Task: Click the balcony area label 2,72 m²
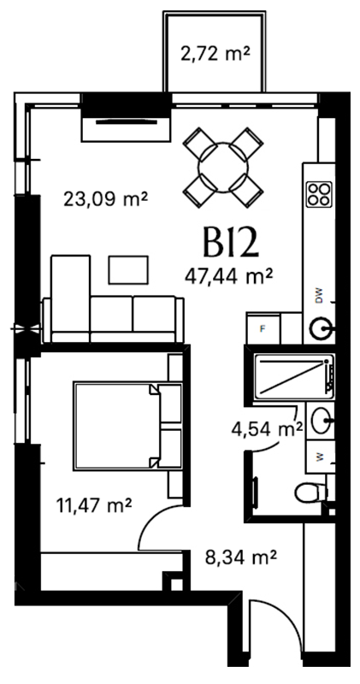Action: [x=215, y=55]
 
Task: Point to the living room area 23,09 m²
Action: [x=105, y=199]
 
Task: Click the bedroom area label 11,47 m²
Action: [x=94, y=506]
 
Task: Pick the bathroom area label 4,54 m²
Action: [x=267, y=428]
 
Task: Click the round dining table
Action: [x=223, y=168]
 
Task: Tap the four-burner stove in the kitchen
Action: [x=320, y=194]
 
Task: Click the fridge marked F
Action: [x=263, y=328]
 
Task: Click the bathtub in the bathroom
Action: [x=294, y=376]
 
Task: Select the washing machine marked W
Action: [x=321, y=457]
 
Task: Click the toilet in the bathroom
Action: [x=310, y=493]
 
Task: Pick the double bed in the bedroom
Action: [x=127, y=426]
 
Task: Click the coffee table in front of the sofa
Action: [x=128, y=270]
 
